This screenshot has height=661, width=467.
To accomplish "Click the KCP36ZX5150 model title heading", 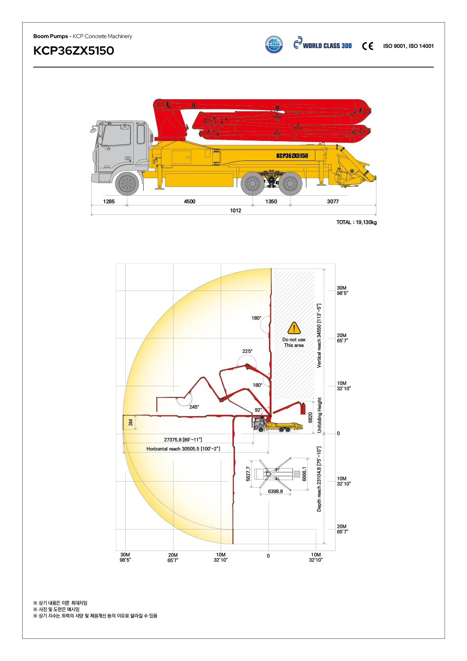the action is click(74, 50).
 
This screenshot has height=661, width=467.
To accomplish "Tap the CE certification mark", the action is click(368, 46).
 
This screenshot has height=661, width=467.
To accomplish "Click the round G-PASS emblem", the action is click(274, 44).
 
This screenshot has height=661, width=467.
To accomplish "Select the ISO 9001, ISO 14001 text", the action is click(408, 46).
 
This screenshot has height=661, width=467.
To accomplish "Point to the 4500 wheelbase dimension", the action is click(189, 202).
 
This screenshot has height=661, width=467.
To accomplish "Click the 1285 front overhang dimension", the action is click(109, 202).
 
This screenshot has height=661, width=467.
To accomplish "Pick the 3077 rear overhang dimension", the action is click(333, 202).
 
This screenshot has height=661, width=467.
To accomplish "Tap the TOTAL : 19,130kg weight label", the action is click(357, 222).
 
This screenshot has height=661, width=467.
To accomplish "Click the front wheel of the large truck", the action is click(127, 184).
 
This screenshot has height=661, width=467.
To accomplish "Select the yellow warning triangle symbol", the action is click(294, 328).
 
